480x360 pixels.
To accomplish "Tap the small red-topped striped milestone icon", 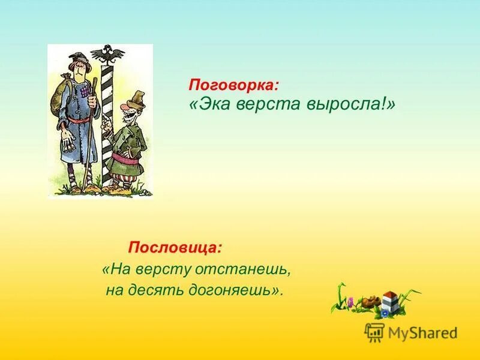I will pos(391,300).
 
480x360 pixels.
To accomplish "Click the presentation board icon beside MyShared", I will pos(374,332).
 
